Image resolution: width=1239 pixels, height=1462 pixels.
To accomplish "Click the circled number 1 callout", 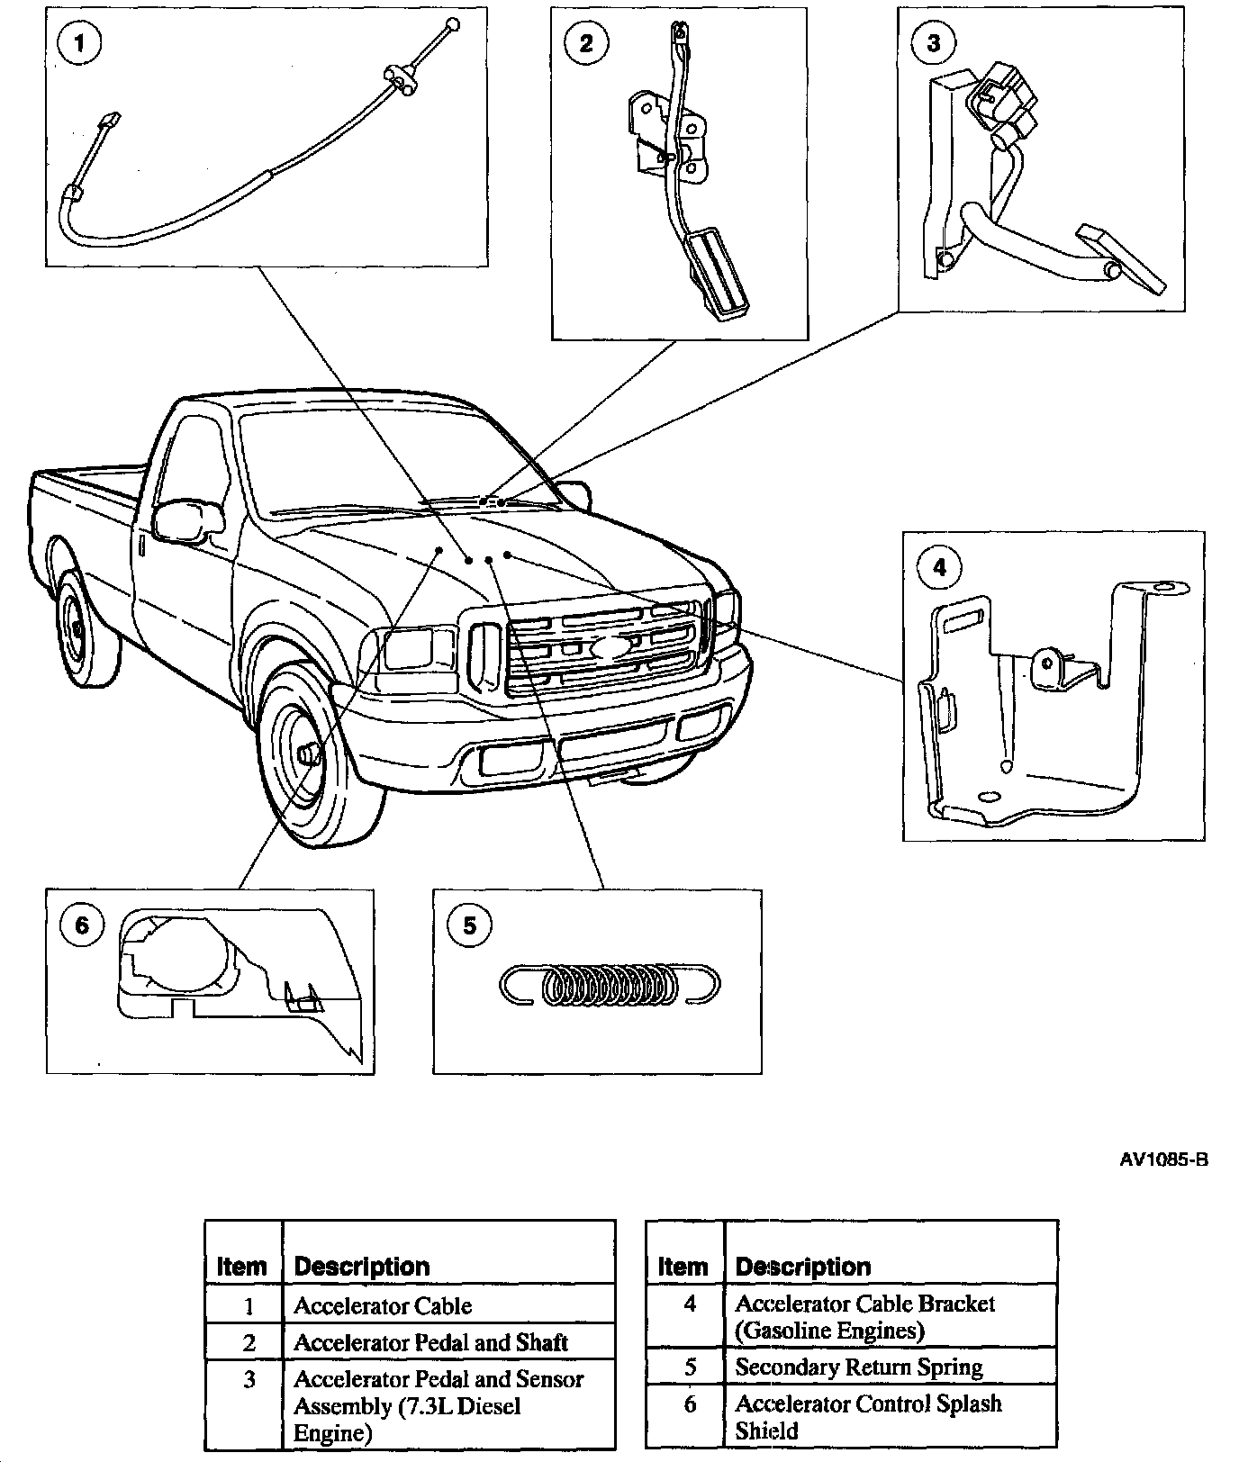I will pos(80,43).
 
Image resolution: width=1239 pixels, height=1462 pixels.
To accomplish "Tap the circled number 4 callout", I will pos(939,567).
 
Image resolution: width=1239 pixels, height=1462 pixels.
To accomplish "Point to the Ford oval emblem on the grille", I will pos(612,647).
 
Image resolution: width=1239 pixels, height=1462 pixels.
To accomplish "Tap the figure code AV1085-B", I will pos(1162,1160).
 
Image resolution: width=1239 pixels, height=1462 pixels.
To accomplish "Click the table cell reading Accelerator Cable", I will pos(383,1305).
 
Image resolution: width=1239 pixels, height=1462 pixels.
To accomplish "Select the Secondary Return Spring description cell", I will pos(858,1367).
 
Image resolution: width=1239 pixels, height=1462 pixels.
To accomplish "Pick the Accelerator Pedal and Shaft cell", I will pos(430,1342).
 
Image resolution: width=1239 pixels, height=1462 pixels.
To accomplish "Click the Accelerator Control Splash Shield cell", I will pos(867,1416).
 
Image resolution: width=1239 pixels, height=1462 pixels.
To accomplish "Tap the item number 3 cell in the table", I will pos(249,1379).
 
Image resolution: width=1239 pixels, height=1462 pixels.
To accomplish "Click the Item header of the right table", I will pos(683,1267).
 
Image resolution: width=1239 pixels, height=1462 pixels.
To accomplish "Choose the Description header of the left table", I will pos(362,1267).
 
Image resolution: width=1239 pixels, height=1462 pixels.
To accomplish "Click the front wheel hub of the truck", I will pos(309,750).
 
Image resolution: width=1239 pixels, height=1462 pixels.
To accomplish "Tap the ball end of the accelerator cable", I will pos(452,23).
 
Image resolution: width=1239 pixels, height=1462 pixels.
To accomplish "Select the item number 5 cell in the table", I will pos(690,1367).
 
